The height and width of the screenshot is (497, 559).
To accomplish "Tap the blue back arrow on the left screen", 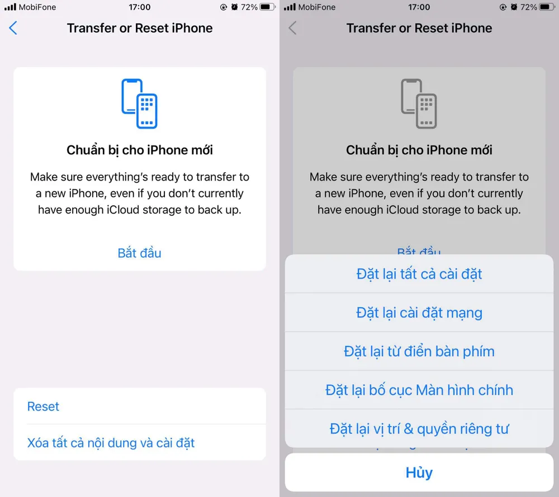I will (x=13, y=29).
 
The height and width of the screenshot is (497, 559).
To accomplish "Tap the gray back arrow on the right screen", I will (x=293, y=29).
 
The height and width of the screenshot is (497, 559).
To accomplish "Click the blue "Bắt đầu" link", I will (x=140, y=253).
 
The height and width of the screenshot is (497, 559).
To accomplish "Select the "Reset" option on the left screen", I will (x=44, y=406).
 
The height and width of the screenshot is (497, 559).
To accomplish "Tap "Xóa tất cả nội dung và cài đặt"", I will (x=111, y=443).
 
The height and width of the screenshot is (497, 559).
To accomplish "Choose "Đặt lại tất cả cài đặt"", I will (x=419, y=274).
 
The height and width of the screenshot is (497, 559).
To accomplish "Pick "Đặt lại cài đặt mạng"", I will (x=419, y=313).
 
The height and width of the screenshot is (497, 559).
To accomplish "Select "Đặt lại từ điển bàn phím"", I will (x=419, y=352).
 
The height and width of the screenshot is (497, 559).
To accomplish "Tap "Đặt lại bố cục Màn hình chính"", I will (x=419, y=390).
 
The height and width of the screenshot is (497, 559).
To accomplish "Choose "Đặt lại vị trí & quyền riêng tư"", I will (x=419, y=429).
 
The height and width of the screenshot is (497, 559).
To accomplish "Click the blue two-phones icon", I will (x=139, y=103).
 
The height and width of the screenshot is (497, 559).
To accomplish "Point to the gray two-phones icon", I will (x=419, y=103).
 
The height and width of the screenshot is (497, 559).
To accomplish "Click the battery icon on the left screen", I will (x=267, y=7).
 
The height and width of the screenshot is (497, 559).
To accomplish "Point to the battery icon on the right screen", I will (x=547, y=7).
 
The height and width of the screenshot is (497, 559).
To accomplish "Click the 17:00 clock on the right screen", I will (x=419, y=7).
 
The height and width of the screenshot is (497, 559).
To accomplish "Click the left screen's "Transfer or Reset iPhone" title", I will (x=140, y=28).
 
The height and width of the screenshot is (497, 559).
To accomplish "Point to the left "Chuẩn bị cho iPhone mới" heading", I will (x=140, y=150).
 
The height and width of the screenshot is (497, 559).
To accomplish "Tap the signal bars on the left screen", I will (x=10, y=7).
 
